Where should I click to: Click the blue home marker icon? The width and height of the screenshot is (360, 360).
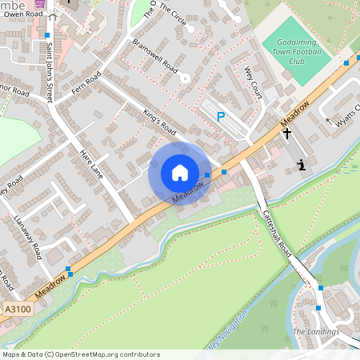point(180,173)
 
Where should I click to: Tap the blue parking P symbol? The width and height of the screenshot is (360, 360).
point(221,117)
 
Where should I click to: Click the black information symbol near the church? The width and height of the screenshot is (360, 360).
point(301,165)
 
